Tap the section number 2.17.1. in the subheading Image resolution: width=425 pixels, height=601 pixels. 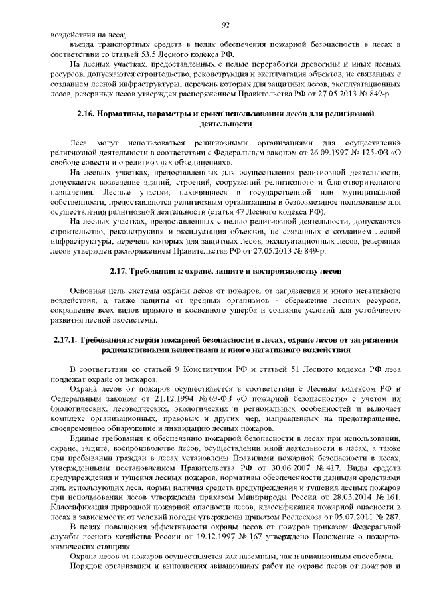(66, 341)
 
